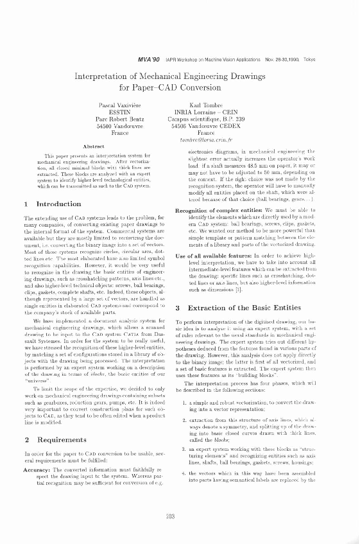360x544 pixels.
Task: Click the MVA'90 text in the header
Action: pos(149,58)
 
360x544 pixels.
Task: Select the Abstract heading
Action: pos(94,147)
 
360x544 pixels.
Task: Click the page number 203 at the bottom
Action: pos(180,516)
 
